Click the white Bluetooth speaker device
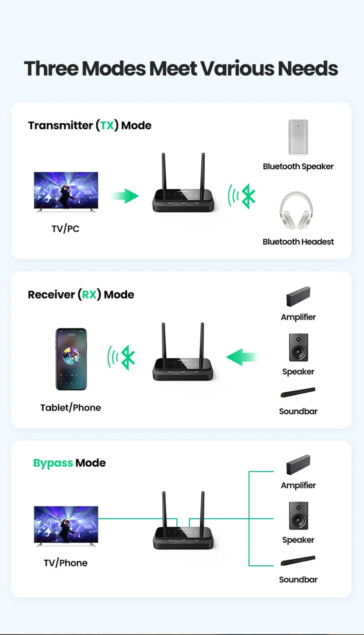298,137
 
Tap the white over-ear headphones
296,211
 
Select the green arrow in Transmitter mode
125,196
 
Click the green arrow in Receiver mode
241,357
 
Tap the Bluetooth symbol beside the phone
128,357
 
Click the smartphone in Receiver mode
71,359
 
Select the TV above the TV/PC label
66,192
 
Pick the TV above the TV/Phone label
66,525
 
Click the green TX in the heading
107,125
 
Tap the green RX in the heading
89,295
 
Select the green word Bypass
53,463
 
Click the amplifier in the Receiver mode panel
298,297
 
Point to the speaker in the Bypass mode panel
299,516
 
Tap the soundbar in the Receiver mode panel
298,393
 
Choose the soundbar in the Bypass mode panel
298,561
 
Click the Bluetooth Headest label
298,242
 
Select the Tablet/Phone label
70,408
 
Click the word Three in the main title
51,69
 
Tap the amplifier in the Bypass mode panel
298,465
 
